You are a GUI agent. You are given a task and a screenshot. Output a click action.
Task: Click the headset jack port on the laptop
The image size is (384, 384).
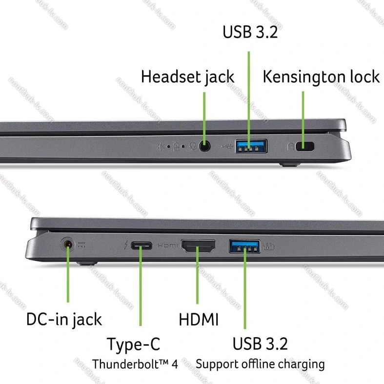204,147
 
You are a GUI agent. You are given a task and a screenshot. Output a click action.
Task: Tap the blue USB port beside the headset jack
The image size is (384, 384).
251,146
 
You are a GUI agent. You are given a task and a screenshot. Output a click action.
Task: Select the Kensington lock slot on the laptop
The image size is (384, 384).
304,146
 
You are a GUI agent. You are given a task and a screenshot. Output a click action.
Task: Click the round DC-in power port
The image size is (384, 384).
68,244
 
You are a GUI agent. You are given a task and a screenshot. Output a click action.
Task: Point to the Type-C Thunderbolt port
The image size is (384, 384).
141,245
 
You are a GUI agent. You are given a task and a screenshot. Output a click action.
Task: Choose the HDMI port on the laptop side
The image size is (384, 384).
198,246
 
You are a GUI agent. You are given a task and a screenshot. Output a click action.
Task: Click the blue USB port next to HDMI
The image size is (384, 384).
244,246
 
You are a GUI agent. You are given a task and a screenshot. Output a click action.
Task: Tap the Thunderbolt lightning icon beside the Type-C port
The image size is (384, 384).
126,245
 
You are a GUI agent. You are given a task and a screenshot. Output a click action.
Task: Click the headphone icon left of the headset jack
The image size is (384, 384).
193,146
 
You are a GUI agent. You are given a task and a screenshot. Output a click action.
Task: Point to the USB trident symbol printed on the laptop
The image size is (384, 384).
227,146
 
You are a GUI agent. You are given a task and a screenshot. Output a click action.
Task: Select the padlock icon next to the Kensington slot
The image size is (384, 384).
290,146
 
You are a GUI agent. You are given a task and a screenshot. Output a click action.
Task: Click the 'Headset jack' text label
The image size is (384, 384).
187,77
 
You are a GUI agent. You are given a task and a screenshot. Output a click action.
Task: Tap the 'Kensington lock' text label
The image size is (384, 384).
321,77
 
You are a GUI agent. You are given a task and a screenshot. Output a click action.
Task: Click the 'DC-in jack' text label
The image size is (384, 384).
64,319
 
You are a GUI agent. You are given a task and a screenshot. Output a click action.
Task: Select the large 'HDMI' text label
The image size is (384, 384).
199,319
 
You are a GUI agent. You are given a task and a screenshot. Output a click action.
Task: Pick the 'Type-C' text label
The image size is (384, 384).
134,344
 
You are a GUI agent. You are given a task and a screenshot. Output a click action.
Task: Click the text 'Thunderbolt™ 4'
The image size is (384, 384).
135,364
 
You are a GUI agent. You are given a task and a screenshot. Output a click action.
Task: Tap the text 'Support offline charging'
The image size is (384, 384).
260,364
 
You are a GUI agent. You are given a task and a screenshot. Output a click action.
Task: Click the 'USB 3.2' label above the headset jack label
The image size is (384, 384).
250,32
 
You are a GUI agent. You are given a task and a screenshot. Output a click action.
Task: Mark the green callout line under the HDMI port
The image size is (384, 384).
198,275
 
